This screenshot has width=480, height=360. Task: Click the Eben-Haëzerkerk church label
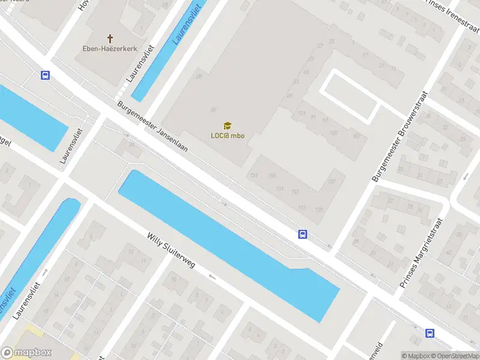click(x=110, y=49)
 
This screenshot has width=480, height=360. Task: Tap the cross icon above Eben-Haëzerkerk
click(x=110, y=37)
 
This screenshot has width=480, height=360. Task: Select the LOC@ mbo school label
click(x=227, y=136)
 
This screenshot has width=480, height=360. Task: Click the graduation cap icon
click(x=227, y=125)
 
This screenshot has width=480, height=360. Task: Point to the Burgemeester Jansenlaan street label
click(x=153, y=127)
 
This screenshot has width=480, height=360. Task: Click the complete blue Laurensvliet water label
click(x=186, y=22)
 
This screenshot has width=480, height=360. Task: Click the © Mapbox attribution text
click(x=416, y=356)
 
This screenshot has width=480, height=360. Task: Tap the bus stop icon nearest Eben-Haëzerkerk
click(x=45, y=75)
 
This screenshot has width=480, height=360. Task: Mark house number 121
click(x=254, y=175)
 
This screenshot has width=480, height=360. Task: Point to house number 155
click(x=272, y=175)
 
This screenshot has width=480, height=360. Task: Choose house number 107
click(x=356, y=136)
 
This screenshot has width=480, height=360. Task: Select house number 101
click(x=301, y=113)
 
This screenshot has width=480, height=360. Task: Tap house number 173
click(x=301, y=207)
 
